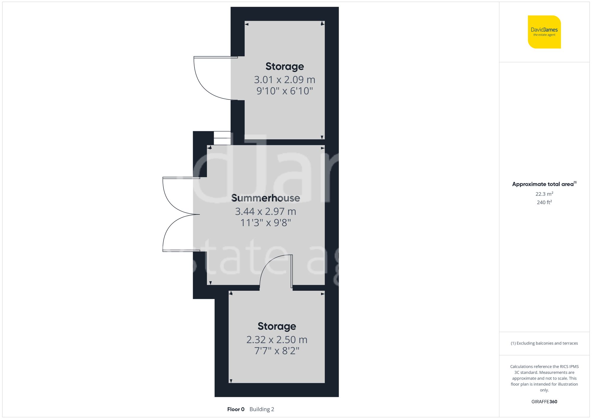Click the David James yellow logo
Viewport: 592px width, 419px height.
(544, 32)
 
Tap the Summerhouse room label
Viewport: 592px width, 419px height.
(266, 198)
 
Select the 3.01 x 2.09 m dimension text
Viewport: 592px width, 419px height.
(284, 80)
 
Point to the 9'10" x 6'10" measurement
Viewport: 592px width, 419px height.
(284, 91)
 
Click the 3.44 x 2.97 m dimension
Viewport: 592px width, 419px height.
(266, 211)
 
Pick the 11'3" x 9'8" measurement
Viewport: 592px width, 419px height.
(266, 223)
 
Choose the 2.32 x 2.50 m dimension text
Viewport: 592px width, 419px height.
(277, 340)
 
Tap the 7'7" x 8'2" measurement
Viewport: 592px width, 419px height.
(277, 351)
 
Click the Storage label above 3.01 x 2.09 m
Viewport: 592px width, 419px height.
(284, 66)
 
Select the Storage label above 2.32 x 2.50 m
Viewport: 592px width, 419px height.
(277, 326)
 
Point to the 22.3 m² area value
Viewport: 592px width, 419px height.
(544, 194)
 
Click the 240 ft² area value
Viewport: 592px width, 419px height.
(544, 202)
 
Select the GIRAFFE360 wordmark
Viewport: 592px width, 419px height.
(544, 402)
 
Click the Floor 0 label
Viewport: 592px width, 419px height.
(236, 409)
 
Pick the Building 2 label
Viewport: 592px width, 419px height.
(262, 409)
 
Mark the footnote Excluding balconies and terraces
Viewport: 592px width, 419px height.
(544, 343)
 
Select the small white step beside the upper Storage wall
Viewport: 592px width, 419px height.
(222, 138)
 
